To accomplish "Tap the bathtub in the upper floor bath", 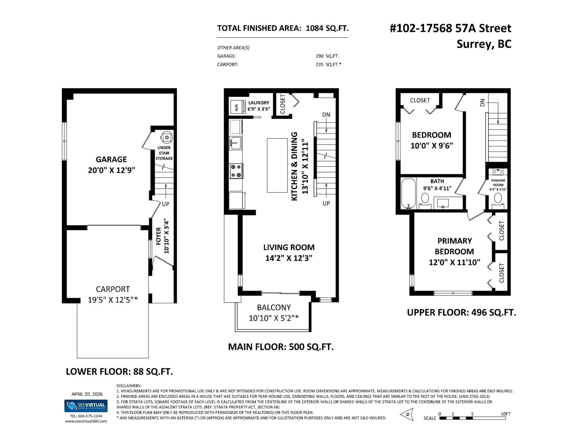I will click(x=408, y=193).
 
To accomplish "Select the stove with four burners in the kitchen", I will click(x=236, y=171).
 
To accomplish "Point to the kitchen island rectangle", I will click(x=277, y=165).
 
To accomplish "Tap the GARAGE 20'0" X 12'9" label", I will click(x=111, y=165).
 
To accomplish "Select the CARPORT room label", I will click(x=113, y=289).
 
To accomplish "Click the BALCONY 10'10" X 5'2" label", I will click(x=274, y=312).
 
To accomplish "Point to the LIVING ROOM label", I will click(x=289, y=247).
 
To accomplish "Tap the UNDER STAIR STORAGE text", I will click(x=164, y=153).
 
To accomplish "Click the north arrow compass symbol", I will click(x=407, y=415).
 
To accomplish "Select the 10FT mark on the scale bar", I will click(x=505, y=414).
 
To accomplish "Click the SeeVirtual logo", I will click(x=85, y=406).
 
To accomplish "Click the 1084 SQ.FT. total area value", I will click(x=327, y=28).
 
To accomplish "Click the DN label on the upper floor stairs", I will click(x=482, y=103).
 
